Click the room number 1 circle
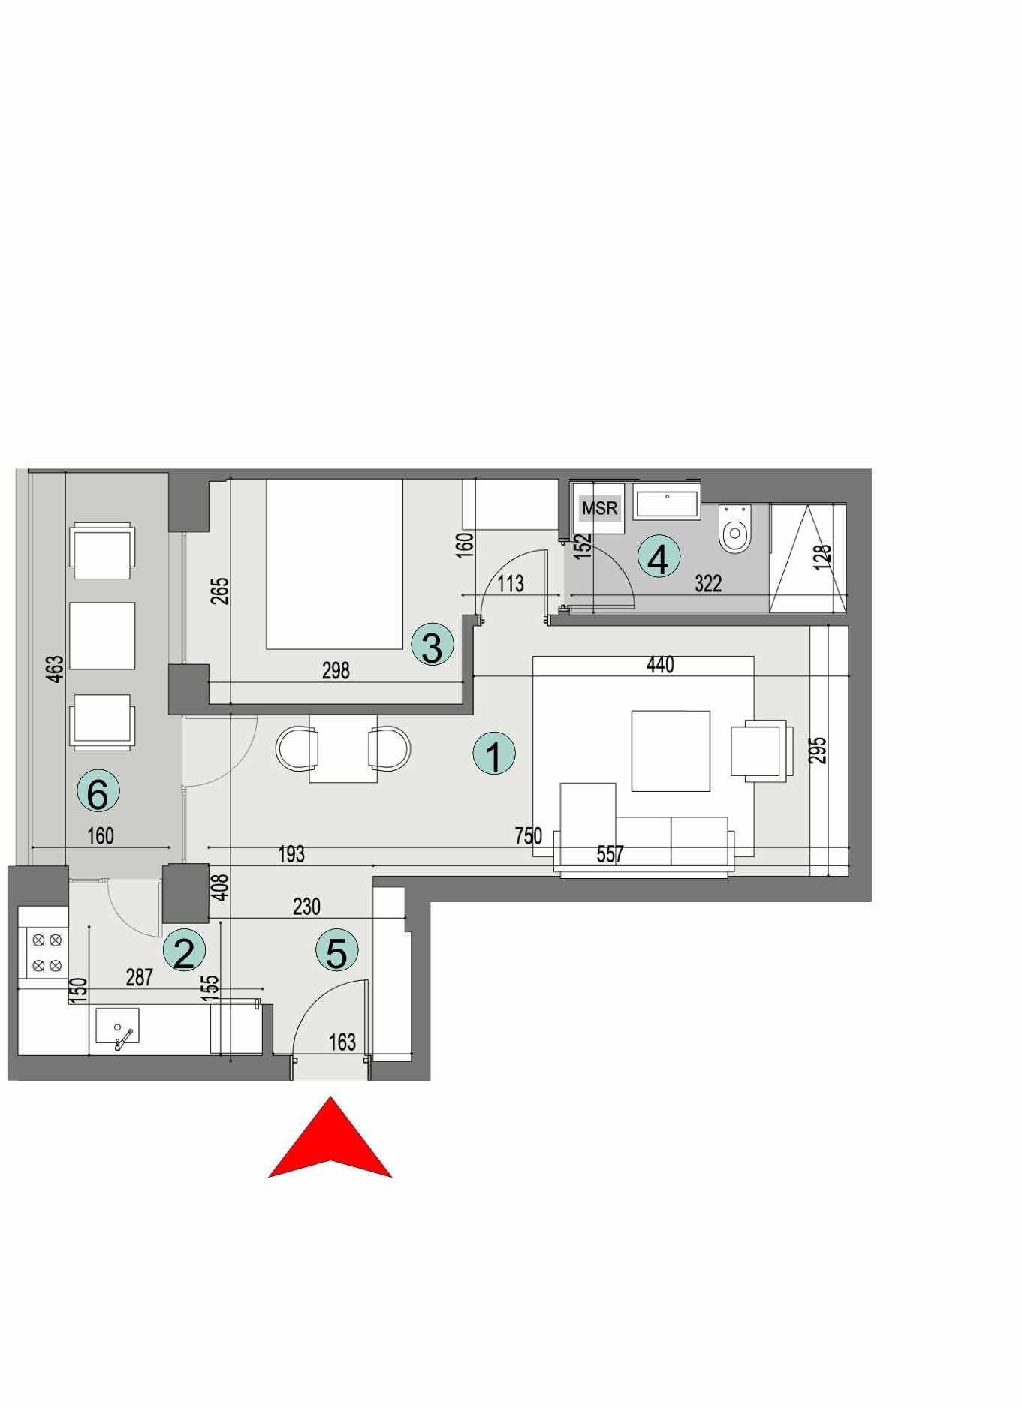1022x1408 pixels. tap(494, 754)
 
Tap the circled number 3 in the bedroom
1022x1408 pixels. tap(433, 645)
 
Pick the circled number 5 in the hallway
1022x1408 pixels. tap(336, 950)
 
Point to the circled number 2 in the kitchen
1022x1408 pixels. tap(184, 951)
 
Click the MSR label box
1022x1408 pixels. tap(599, 508)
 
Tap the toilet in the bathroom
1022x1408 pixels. tap(734, 529)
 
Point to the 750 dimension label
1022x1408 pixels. tap(528, 835)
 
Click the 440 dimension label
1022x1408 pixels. tap(660, 665)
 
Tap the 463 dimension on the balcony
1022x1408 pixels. tap(55, 669)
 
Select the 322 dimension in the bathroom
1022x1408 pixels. tap(708, 584)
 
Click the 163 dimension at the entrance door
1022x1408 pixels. tap(342, 1042)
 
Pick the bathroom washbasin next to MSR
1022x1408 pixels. tap(667, 503)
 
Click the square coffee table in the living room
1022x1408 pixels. tap(671, 751)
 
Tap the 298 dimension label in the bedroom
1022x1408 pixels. tap(336, 671)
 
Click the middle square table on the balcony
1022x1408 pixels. tap(102, 636)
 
